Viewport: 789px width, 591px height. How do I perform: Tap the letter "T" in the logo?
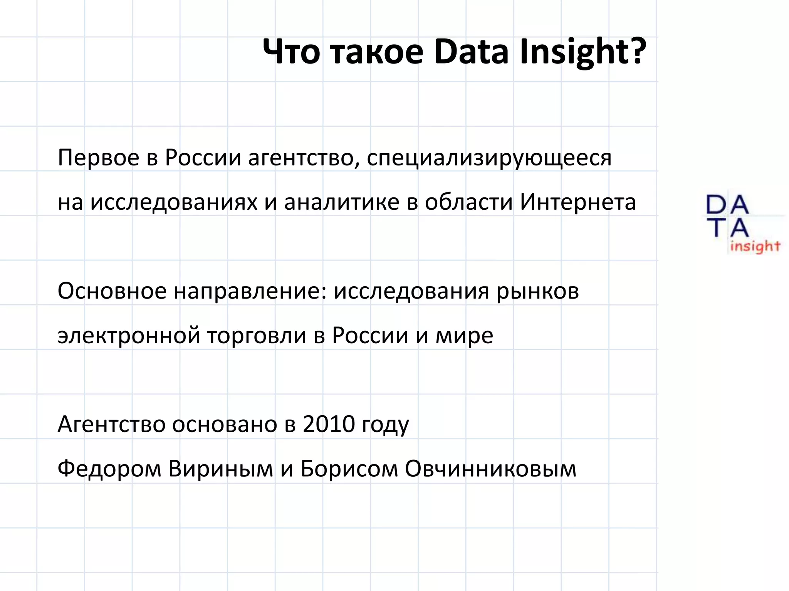click(x=717, y=227)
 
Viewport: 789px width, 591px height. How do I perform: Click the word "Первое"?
click(x=98, y=158)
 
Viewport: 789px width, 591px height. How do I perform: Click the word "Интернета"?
click(x=577, y=202)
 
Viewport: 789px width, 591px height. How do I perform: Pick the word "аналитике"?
click(x=341, y=202)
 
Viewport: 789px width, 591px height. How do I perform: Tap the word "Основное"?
click(x=112, y=291)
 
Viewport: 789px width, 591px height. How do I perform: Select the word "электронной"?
click(x=129, y=336)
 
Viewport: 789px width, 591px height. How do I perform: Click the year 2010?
click(x=329, y=424)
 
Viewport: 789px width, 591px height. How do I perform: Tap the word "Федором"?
click(x=109, y=469)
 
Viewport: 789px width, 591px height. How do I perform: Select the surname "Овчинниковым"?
click(x=490, y=469)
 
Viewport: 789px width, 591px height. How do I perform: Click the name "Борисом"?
click(x=349, y=469)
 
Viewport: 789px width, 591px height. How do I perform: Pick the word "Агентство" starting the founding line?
click(x=111, y=424)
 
